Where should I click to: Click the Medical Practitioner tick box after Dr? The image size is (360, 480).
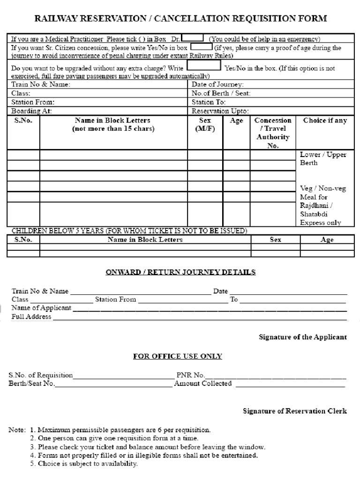tap(192, 37)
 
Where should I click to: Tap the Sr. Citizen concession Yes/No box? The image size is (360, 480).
tap(201, 47)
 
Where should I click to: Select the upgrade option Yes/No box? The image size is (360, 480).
tap(204, 66)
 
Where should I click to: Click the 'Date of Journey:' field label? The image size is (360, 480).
tap(217, 84)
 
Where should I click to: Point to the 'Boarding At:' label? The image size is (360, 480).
tap(31, 111)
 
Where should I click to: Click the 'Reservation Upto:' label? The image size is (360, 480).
tap(220, 111)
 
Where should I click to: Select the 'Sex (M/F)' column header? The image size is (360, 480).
tap(205, 125)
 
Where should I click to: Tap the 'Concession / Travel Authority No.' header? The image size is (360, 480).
tap(273, 133)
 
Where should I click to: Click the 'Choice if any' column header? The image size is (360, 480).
tap(325, 120)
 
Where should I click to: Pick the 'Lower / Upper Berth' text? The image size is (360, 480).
tap(323, 158)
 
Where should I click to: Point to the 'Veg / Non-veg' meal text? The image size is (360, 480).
tap(323, 188)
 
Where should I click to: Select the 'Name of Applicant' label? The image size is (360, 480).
tap(41, 308)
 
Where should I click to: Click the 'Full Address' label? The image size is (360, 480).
tap(31, 317)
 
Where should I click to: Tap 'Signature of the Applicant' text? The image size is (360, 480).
tap(303, 337)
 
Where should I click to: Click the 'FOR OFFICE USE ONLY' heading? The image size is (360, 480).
tap(178, 356)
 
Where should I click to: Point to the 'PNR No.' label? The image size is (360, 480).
tap(190, 375)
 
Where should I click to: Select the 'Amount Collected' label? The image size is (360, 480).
tap(203, 383)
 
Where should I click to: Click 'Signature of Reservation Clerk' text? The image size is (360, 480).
tap(295, 411)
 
